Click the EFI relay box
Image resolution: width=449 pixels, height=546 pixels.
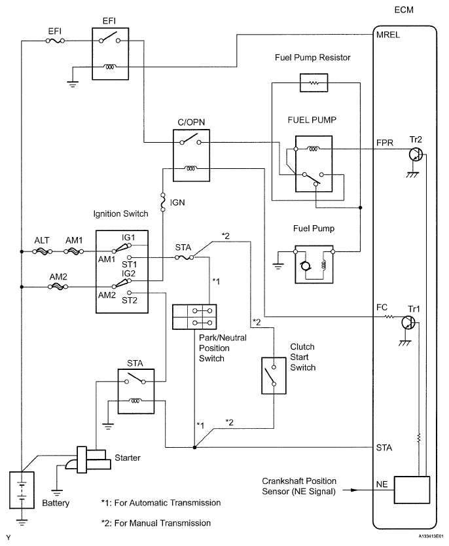pyautogui.click(x=111, y=54)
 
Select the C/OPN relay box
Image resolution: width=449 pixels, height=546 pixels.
pyautogui.click(x=191, y=155)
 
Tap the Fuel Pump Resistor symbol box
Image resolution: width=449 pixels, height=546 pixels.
pyautogui.click(x=314, y=83)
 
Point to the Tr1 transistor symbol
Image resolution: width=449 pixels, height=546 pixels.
pyautogui.click(x=408, y=323)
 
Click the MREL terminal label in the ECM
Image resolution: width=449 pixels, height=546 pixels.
pyautogui.click(x=387, y=35)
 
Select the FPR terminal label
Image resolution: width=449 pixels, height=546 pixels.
pyautogui.click(x=385, y=143)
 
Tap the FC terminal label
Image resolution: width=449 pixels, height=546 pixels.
pyautogui.click(x=382, y=308)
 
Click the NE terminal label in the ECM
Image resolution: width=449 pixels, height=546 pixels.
pyautogui.click(x=382, y=484)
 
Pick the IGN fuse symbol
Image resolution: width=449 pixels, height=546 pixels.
pyautogui.click(x=162, y=202)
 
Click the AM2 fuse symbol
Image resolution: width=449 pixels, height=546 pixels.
pyautogui.click(x=58, y=287)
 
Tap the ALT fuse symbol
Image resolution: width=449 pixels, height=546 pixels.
pyautogui.click(x=42, y=251)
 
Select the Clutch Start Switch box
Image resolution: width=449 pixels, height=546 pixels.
pyautogui.click(x=274, y=376)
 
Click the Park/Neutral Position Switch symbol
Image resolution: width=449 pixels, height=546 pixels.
pyautogui.click(x=194, y=317)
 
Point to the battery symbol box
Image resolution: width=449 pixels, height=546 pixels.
pyautogui.click(x=22, y=490)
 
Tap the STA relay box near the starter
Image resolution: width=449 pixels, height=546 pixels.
pyautogui.click(x=136, y=391)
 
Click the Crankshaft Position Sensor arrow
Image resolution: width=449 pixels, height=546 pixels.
pyautogui.click(x=350, y=490)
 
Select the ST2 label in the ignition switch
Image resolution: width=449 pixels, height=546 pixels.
pyautogui.click(x=130, y=300)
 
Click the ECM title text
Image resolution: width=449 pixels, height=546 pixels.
pyautogui.click(x=404, y=10)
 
